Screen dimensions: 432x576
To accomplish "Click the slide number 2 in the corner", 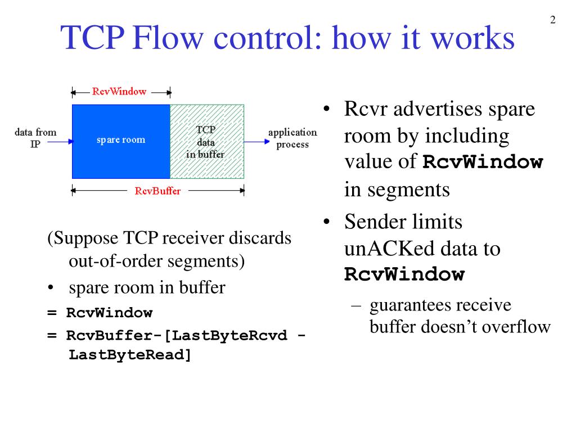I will click(552, 21).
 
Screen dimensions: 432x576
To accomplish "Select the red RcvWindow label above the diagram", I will click(119, 91).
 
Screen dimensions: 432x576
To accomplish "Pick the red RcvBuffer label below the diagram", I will click(157, 191).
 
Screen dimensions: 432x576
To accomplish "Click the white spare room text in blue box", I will click(120, 139).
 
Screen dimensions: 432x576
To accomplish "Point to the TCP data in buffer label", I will click(205, 142).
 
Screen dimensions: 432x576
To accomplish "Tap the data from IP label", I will click(35, 137).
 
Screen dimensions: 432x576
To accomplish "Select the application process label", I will click(292, 138).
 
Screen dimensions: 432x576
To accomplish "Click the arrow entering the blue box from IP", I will click(60, 142).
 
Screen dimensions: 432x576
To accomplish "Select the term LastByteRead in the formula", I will click(130, 355).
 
